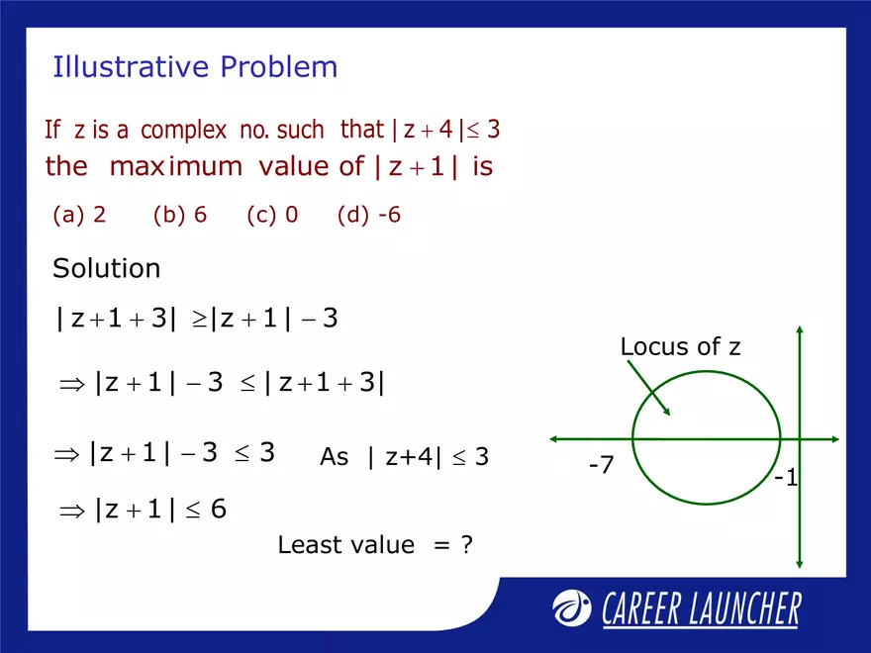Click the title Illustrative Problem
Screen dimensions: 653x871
point(195,67)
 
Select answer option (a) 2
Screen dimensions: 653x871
point(79,215)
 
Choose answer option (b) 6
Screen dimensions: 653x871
point(180,215)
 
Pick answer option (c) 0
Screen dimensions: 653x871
point(272,215)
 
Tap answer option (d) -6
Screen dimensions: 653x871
point(368,215)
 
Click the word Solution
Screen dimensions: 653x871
point(106,268)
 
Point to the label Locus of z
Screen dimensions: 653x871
point(680,346)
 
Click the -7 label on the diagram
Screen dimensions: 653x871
point(601,463)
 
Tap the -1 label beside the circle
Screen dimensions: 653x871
point(786,479)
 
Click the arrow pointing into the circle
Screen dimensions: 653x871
point(650,387)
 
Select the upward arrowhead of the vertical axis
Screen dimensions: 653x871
point(799,330)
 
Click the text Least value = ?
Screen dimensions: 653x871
point(374,544)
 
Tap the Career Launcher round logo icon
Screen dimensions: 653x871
point(571,608)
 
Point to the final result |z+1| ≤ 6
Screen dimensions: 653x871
point(144,509)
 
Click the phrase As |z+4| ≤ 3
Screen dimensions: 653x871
point(404,457)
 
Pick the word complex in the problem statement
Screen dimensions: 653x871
point(183,130)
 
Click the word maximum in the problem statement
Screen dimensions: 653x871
point(175,166)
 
